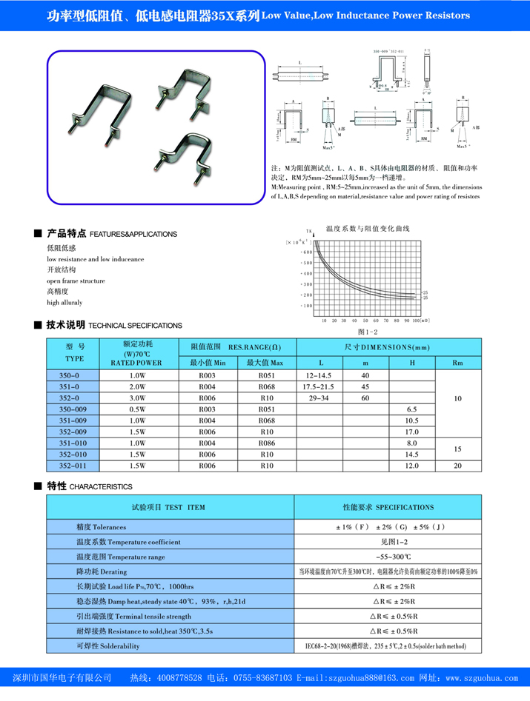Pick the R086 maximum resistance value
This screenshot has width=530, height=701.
(x=267, y=443)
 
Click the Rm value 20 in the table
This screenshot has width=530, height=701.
(x=457, y=466)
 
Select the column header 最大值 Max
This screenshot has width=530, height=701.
(x=267, y=363)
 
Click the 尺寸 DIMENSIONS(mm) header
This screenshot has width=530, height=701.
(x=388, y=346)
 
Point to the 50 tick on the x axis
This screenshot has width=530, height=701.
(x=365, y=321)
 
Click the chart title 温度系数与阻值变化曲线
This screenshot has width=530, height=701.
(x=368, y=229)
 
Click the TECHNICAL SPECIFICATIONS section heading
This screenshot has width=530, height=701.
(x=135, y=326)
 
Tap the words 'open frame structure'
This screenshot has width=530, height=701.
(x=76, y=281)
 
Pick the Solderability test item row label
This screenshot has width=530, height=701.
(x=107, y=645)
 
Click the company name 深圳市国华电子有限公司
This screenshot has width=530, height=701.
(x=63, y=679)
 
